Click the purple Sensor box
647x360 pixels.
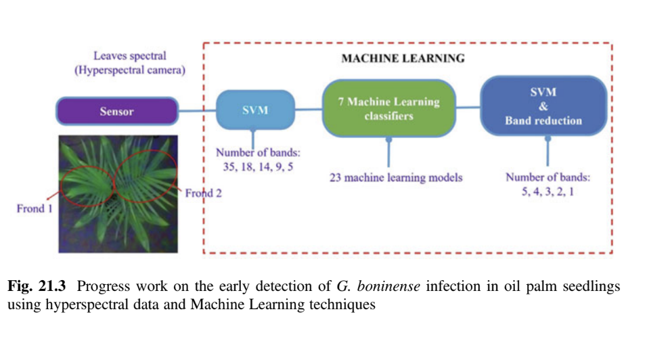(116, 112)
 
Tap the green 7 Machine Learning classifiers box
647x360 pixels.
(388, 109)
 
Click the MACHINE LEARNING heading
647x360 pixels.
(403, 58)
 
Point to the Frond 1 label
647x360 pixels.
(35, 208)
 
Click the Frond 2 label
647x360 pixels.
(204, 194)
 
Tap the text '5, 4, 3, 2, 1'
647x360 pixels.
(547, 193)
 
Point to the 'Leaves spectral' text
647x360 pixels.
(129, 55)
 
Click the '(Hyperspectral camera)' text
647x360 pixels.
(129, 70)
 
